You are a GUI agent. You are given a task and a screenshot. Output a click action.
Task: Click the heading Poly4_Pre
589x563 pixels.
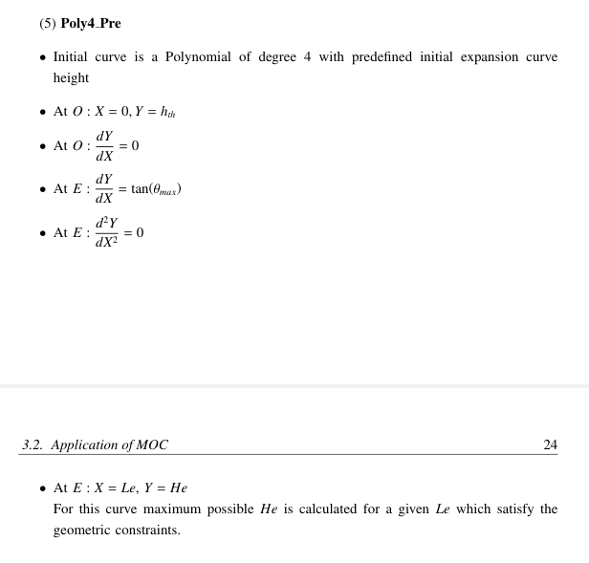coord(91,24)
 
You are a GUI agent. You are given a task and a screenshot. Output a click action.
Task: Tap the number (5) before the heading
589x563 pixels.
coord(48,24)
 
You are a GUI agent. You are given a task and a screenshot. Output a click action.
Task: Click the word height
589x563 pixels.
coord(71,78)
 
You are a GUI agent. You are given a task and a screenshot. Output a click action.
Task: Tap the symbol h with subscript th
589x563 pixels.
coord(167,113)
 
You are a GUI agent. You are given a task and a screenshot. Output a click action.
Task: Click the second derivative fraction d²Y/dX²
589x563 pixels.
coord(106,232)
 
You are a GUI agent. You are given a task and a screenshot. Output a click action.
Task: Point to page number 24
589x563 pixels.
coord(551,445)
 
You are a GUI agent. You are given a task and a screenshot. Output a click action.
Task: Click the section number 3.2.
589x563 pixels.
coord(33,445)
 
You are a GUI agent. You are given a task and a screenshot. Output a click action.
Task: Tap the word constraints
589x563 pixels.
coord(149,531)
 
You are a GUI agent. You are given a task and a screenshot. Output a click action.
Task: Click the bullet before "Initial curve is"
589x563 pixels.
coord(42,58)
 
